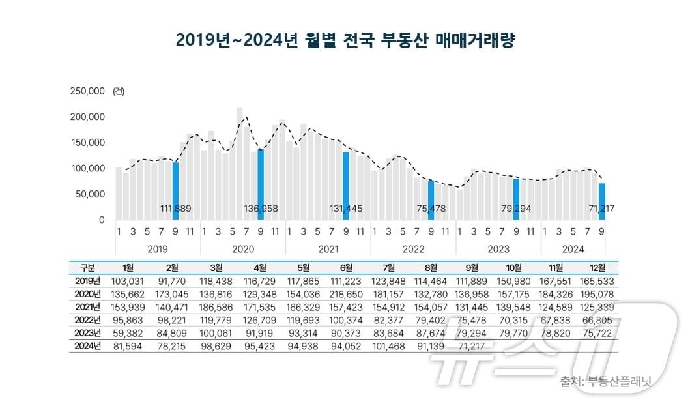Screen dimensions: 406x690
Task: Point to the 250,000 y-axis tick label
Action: [x=87, y=91]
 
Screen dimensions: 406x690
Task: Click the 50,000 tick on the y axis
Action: [x=90, y=194]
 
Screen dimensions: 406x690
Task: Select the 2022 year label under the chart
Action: [x=413, y=249]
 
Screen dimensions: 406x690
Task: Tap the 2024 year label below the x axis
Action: [x=573, y=249]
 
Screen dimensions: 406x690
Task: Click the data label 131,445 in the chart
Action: [x=346, y=209]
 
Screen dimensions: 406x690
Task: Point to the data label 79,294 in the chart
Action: [x=516, y=209]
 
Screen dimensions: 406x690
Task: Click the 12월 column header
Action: [x=597, y=267]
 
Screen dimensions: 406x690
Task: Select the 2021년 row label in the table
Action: [x=87, y=306]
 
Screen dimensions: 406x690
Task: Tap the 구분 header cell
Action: [x=87, y=267]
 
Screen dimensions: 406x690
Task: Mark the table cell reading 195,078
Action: [x=597, y=293]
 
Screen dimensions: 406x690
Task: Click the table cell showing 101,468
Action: [x=388, y=345]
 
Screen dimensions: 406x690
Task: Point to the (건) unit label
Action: [x=119, y=91]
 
